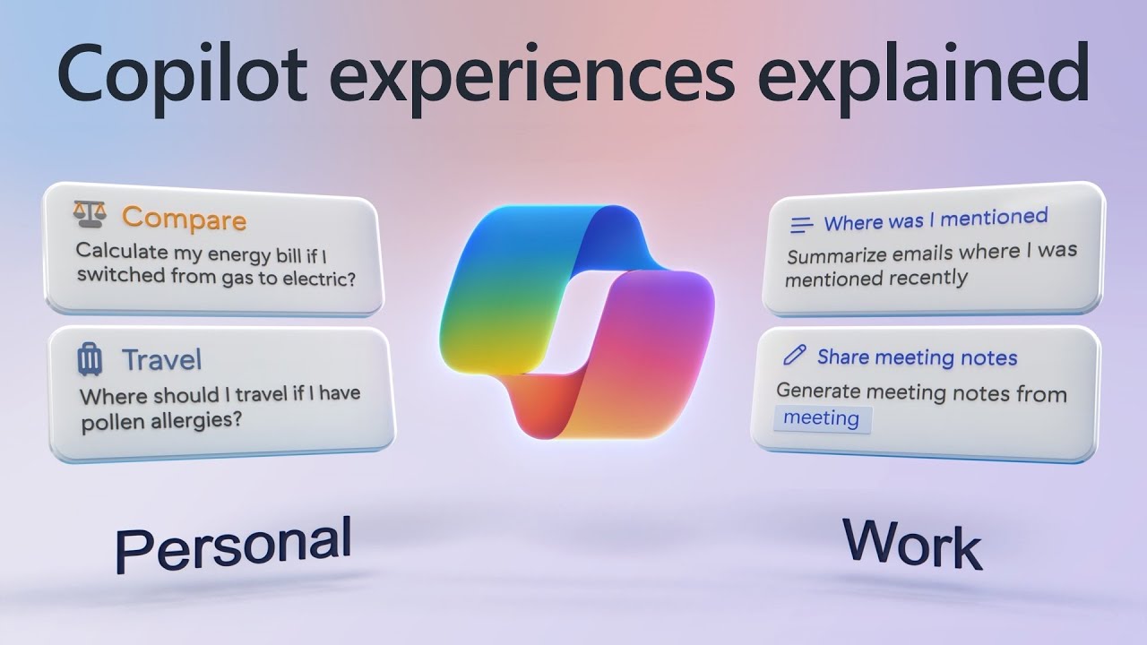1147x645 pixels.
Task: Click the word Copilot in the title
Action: click(182, 76)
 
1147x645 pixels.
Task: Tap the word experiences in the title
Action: click(532, 77)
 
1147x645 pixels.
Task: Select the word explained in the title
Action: click(923, 77)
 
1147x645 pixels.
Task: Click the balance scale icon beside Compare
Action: click(90, 213)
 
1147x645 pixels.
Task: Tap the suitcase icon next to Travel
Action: click(90, 360)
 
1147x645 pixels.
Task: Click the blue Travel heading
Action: click(162, 359)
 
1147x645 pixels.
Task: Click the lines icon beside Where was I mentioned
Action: click(801, 225)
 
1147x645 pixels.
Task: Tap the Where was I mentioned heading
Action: click(936, 220)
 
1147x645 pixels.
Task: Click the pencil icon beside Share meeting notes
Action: click(795, 355)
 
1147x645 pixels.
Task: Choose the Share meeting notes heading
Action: click(917, 357)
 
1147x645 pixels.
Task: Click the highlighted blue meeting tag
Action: click(822, 419)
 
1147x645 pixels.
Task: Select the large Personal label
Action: click(234, 545)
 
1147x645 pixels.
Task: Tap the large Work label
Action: click(912, 544)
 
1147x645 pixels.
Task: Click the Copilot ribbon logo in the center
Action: click(576, 322)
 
